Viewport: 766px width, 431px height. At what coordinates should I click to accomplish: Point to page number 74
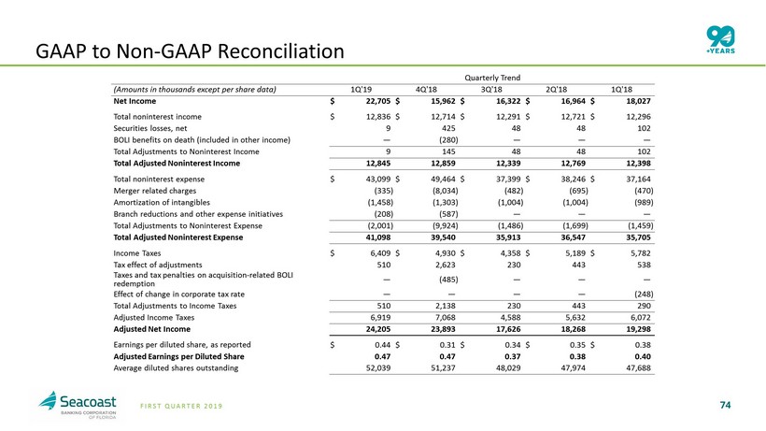pos(725,404)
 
